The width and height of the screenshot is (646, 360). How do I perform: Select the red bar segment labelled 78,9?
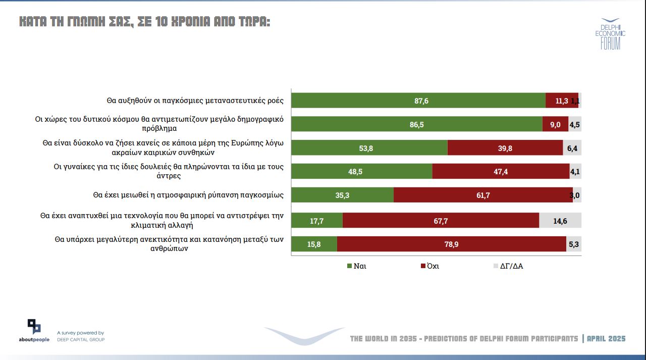click(451, 244)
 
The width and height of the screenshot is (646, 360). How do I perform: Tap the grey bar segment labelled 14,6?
click(560, 220)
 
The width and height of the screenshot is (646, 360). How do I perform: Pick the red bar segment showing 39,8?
click(505, 148)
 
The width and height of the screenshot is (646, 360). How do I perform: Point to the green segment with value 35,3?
click(343, 195)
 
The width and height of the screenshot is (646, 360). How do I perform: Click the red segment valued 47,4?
click(501, 172)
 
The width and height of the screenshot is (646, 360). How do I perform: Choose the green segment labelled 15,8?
click(314, 244)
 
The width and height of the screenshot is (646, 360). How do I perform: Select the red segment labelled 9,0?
click(555, 124)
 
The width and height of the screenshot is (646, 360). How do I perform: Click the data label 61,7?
click(483, 195)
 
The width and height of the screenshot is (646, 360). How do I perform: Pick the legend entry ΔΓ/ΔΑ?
click(511, 266)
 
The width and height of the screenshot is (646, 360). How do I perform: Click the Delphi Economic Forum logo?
click(610, 34)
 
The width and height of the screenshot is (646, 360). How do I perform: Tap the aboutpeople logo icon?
click(34, 327)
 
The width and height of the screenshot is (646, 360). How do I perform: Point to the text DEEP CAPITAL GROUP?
click(81, 339)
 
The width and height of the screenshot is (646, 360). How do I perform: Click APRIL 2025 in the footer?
click(606, 338)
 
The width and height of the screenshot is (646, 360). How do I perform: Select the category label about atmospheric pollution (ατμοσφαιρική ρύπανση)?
click(188, 194)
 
